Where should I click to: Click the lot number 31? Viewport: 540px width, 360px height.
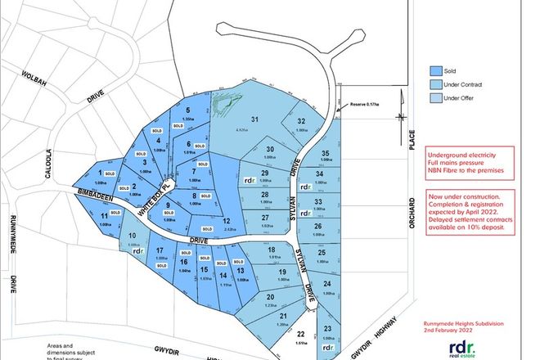click(254, 120)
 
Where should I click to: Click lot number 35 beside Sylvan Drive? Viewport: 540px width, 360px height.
click(326, 154)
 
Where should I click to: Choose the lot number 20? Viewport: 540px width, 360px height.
click(269, 297)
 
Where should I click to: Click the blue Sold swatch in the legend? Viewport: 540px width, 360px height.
click(437, 70)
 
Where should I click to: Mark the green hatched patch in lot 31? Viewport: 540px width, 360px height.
click(223, 105)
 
